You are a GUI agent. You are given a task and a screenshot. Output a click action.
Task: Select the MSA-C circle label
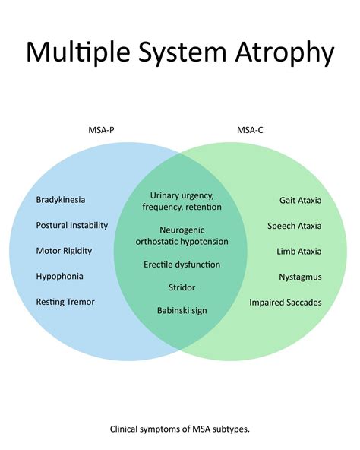(248, 130)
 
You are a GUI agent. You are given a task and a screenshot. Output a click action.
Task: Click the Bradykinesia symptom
(61, 200)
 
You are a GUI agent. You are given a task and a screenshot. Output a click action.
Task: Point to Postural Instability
(72, 226)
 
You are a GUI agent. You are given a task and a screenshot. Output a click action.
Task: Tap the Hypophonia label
(60, 277)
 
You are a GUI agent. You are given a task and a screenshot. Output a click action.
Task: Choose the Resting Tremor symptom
(65, 302)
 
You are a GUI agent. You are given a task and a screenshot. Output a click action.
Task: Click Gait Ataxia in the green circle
(300, 201)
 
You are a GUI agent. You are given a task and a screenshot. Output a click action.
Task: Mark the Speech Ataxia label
(295, 226)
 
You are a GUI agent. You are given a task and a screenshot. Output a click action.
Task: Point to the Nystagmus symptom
(300, 277)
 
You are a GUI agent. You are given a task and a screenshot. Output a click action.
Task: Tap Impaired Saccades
(286, 303)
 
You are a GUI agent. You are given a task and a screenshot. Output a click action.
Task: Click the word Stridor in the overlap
(181, 287)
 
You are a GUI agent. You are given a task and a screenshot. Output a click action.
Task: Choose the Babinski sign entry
(181, 310)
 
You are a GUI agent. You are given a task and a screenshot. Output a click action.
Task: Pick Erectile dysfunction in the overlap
(181, 265)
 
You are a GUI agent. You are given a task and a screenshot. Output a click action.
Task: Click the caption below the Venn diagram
(180, 429)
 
